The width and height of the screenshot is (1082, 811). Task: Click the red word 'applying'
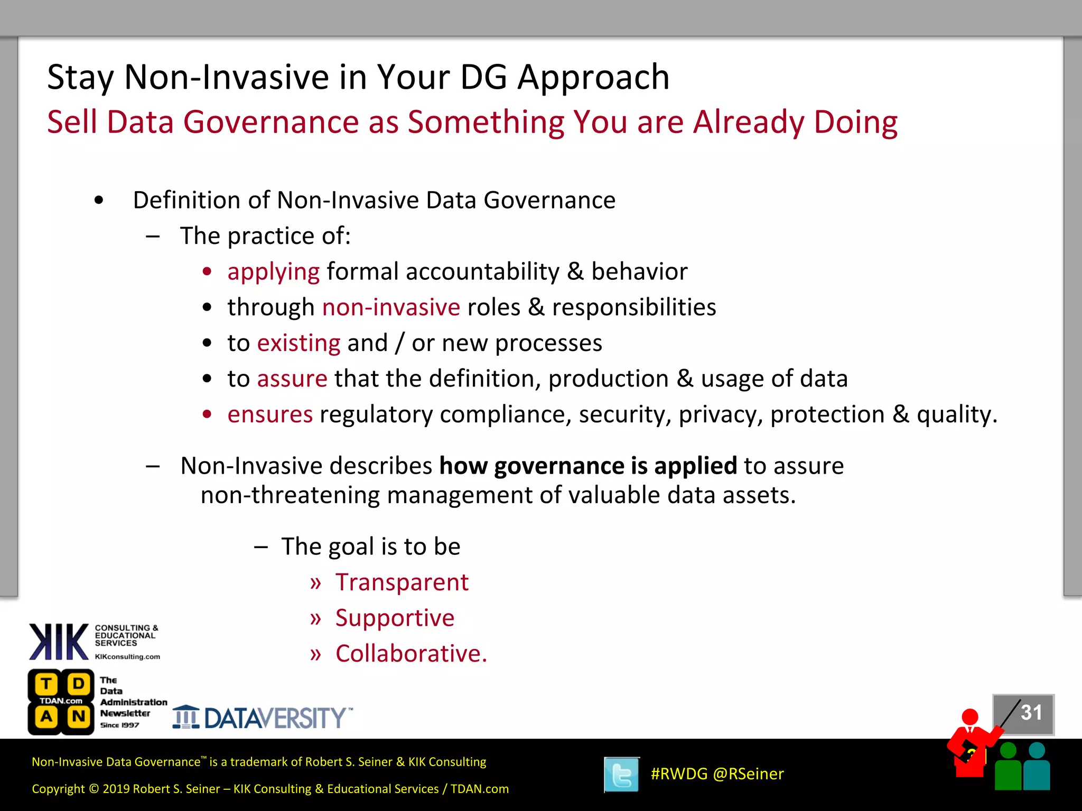point(273,272)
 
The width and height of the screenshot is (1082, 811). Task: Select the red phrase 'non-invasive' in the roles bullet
point(391,308)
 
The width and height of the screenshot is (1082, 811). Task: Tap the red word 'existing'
point(299,344)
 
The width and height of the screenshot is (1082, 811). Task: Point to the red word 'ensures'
point(270,415)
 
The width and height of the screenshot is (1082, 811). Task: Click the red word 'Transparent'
point(402,583)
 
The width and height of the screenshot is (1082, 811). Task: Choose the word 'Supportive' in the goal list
point(395,618)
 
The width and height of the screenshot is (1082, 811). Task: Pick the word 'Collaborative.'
point(411,654)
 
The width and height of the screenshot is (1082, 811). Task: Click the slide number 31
point(1031,713)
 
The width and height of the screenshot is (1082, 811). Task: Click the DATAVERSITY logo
point(263,718)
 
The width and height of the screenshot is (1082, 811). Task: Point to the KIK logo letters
point(59,642)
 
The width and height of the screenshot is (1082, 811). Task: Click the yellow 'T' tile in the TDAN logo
point(46,684)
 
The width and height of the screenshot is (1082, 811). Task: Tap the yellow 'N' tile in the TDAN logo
point(79,717)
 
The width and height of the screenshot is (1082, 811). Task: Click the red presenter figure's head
point(970,717)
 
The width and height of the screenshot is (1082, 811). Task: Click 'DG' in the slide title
point(483,78)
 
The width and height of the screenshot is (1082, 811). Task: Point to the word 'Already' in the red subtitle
point(749,122)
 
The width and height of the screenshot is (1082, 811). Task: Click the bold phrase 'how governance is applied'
point(587,466)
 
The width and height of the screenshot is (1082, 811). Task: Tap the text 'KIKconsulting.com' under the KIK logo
point(127,657)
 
